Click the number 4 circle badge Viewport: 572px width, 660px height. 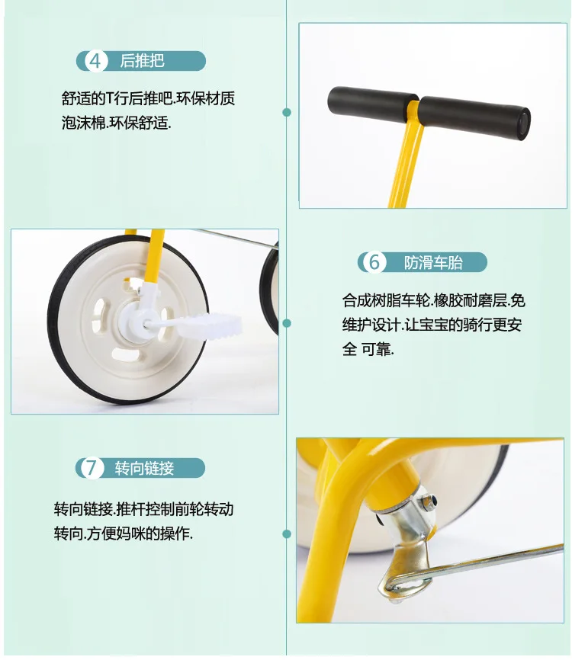pyautogui.click(x=95, y=61)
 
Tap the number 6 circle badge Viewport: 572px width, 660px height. pyautogui.click(x=374, y=262)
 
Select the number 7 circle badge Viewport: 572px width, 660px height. pyautogui.click(x=92, y=468)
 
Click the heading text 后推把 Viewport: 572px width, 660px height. pyautogui.click(x=143, y=61)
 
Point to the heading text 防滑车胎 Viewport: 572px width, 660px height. pyautogui.click(x=433, y=263)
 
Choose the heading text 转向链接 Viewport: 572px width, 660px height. pyautogui.click(x=144, y=468)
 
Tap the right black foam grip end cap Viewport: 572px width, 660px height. pyautogui.click(x=524, y=123)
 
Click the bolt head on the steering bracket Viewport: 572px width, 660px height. pyautogui.click(x=429, y=501)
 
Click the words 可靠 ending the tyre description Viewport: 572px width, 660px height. pyautogui.click(x=377, y=349)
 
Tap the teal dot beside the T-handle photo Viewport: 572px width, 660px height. pyautogui.click(x=288, y=112)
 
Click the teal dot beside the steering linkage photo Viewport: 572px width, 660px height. pyautogui.click(x=288, y=534)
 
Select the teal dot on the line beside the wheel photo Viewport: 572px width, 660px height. pyautogui.click(x=288, y=323)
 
